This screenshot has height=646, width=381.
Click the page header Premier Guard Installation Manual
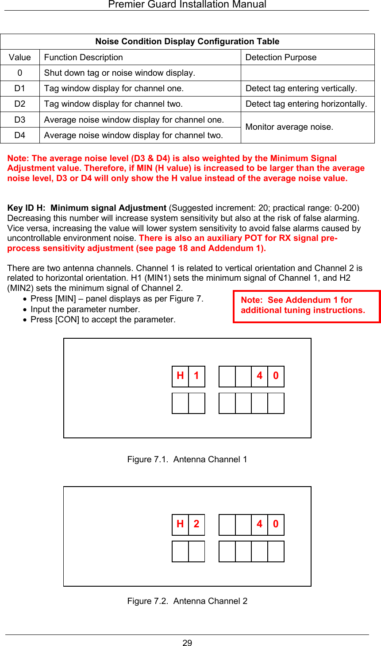[187, 5]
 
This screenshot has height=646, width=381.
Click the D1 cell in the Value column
[20, 89]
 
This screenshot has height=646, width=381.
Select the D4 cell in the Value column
[20, 135]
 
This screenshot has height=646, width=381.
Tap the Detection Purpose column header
[281, 58]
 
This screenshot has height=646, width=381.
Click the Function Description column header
[84, 58]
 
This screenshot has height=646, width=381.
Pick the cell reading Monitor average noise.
[289, 127]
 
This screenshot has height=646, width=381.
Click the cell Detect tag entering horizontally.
[306, 104]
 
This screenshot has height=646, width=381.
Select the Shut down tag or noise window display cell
[119, 73]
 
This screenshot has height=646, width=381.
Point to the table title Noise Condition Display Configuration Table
[187, 42]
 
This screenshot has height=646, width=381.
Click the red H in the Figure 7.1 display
[180, 376]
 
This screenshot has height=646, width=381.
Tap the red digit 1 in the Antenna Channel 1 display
[196, 376]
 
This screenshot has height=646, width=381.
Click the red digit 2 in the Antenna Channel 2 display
[196, 524]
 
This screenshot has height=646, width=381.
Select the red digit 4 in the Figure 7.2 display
[260, 524]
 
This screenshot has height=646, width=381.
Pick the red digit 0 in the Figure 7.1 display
[276, 376]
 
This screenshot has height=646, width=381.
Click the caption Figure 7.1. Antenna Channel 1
[187, 460]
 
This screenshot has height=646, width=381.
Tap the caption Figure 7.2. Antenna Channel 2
[187, 601]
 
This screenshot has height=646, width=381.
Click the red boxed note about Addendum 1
[306, 306]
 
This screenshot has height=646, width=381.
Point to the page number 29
[187, 643]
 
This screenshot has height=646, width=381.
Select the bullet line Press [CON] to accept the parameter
[103, 320]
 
